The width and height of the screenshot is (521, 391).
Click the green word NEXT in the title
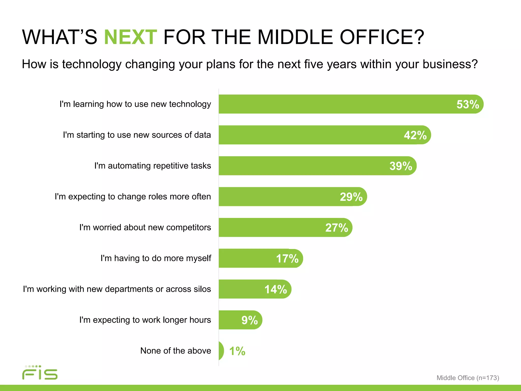coord(131,37)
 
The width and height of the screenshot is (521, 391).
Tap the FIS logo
coord(40,373)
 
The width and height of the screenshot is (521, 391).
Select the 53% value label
coord(468,104)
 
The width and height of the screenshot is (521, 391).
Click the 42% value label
coord(415,135)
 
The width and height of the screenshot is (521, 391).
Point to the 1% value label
coord(237,351)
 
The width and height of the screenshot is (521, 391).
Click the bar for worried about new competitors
coord(272,228)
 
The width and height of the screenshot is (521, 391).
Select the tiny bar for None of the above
coord(221,351)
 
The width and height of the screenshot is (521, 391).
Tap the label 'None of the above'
coord(176,351)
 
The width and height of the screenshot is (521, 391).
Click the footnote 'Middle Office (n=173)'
coord(468,378)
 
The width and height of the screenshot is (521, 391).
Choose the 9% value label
coord(250,320)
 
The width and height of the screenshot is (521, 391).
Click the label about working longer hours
coord(145,320)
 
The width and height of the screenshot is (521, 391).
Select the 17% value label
coord(287,259)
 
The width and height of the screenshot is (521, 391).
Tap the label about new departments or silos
coord(117,289)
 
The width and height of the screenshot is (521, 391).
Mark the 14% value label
coord(276,289)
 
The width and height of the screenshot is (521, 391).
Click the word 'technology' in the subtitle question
coord(91,64)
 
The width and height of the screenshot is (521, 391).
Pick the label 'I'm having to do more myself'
coord(156,258)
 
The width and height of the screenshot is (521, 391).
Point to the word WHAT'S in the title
coord(60,37)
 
